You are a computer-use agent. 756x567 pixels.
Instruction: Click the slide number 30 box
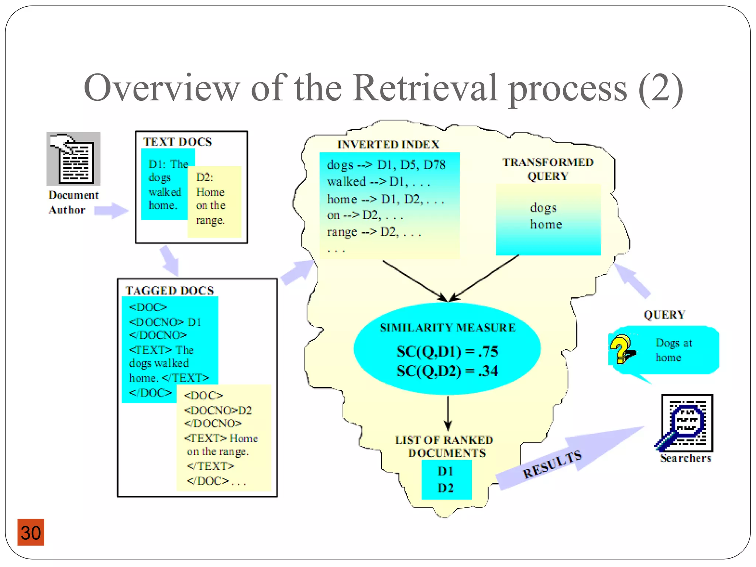tap(31, 532)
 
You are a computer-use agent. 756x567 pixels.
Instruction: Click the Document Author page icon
tap(73, 159)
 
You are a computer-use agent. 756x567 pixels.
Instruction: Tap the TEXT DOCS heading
tap(178, 142)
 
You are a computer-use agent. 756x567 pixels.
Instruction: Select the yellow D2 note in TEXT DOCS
tap(214, 201)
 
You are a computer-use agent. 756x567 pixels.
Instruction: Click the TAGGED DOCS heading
tap(169, 291)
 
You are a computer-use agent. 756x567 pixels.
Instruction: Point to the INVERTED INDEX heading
tap(388, 144)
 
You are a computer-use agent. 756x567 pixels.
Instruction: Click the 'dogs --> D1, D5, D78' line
tap(386, 165)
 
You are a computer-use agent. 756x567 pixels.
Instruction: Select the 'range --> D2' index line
tap(374, 232)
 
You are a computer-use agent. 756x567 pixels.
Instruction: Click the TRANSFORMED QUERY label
tap(548, 169)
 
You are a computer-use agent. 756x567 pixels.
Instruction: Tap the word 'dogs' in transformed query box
tap(543, 208)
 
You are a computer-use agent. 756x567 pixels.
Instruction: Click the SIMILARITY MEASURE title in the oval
tap(447, 327)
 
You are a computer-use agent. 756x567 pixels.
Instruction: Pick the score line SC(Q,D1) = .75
tap(447, 351)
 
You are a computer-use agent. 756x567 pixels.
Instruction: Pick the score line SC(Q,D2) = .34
tap(447, 371)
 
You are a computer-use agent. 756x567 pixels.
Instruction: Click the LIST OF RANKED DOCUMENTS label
tap(444, 446)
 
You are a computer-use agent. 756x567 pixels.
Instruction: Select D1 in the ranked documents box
tap(446, 471)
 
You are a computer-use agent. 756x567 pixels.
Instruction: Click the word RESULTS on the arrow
tap(552, 465)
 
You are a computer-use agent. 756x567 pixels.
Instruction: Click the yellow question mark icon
tap(621, 349)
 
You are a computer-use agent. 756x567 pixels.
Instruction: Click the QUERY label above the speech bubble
tap(664, 315)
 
